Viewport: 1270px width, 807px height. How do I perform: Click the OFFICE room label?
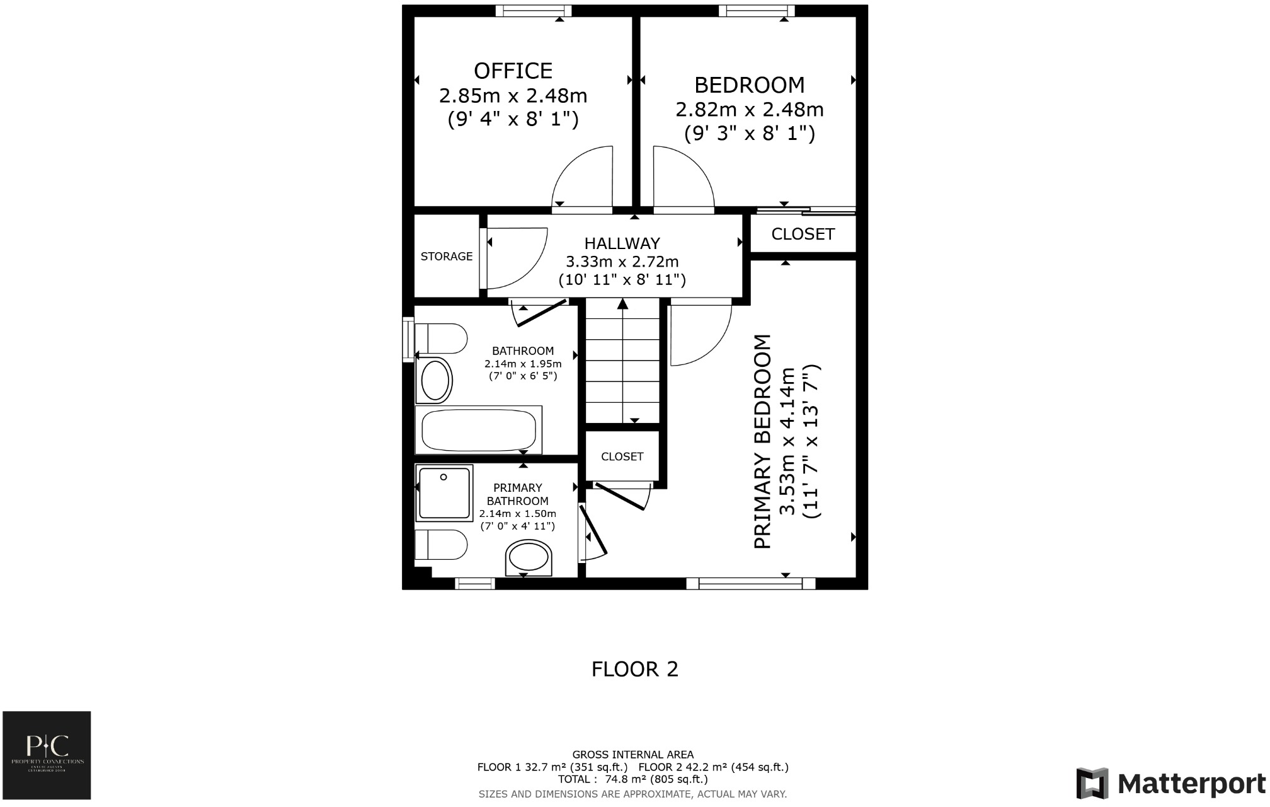pos(513,71)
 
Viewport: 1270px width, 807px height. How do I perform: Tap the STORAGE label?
pos(446,256)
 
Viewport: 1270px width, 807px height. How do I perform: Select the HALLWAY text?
pos(622,243)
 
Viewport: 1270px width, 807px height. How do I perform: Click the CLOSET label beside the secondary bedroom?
pos(803,234)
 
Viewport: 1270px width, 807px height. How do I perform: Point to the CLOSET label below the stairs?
pos(622,456)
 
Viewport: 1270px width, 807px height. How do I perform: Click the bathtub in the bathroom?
pos(479,430)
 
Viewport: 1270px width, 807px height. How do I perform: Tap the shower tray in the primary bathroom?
pos(443,493)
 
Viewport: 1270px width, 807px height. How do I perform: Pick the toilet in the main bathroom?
pos(441,339)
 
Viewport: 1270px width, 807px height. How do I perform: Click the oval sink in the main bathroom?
pos(435,381)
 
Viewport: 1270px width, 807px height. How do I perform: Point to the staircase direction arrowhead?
pos(622,304)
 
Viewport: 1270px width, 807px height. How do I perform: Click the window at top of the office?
pos(533,11)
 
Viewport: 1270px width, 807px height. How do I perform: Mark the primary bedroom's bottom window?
pos(751,584)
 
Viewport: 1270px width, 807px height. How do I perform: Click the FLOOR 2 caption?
pos(634,669)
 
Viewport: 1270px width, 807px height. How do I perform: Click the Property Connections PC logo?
pos(47,755)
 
